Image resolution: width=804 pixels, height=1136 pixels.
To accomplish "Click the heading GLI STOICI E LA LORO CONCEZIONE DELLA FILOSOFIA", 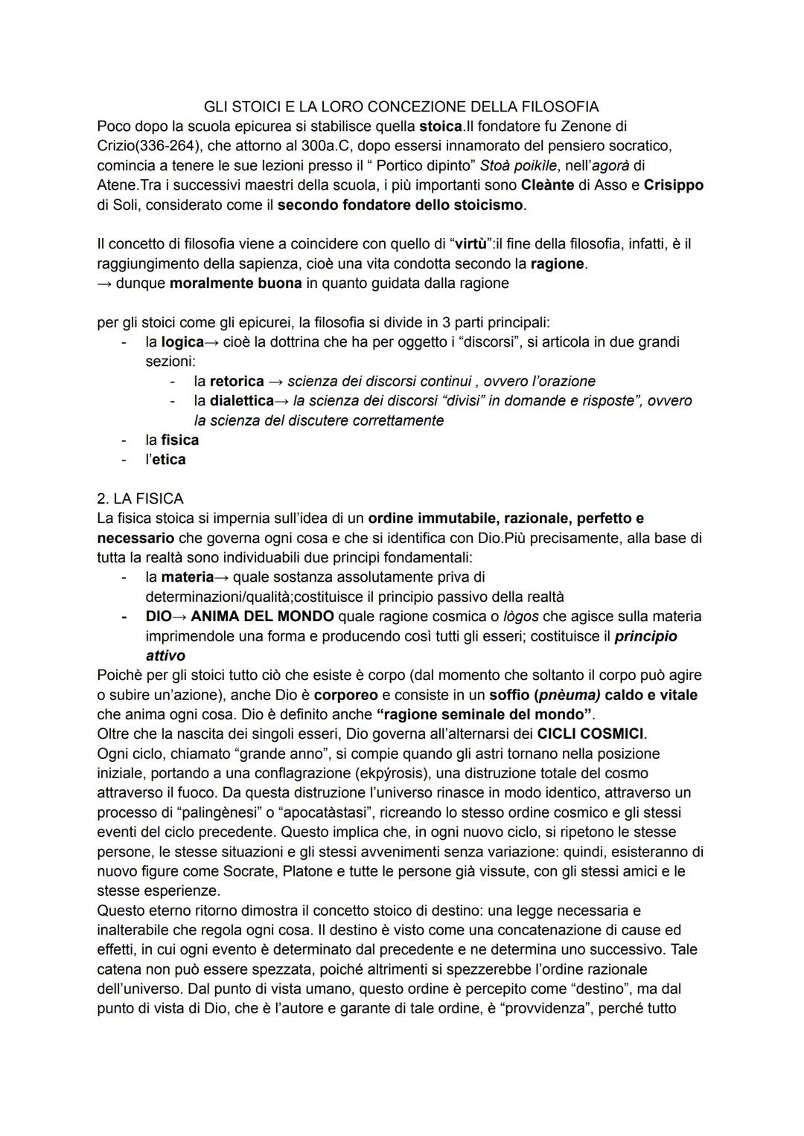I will point(401,107).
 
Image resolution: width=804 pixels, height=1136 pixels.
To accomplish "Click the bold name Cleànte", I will point(547,184).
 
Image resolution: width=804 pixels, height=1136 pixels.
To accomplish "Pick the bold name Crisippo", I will point(673,184).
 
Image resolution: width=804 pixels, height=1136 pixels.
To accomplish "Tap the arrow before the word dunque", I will point(104,283).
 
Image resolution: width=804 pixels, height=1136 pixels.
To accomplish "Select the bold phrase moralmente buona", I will point(236,283).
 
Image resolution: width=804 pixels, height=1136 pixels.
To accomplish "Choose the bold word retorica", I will point(237,382).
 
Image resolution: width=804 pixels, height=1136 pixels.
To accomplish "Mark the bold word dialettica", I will point(241,401).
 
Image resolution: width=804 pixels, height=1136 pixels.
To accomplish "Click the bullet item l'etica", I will point(165,460).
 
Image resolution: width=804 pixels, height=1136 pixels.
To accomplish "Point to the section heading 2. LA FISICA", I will point(140,498).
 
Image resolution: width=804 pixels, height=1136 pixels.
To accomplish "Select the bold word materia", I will point(187,577).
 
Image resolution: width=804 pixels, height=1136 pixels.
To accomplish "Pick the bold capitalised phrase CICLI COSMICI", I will point(590,734).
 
